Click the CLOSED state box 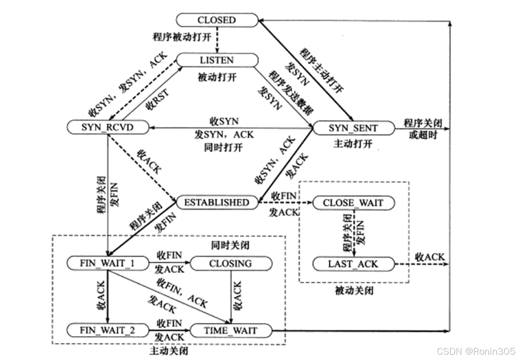pos(217,20)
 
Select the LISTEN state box pos(217,60)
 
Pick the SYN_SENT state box pos(353,128)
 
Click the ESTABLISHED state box pos(217,203)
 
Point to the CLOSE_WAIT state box pos(353,203)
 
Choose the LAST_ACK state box pos(353,264)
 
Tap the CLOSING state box pos(231,263)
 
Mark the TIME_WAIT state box pos(231,330)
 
